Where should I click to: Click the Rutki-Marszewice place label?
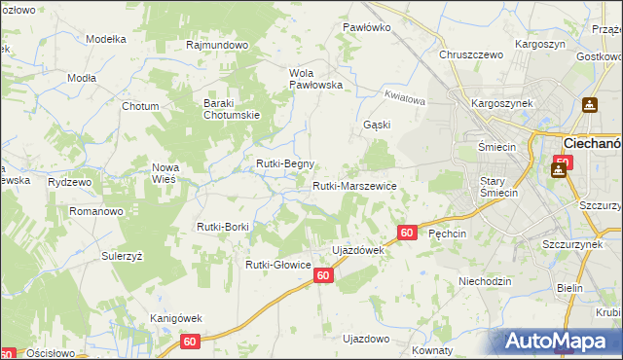click(x=354, y=186)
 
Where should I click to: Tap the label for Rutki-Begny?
click(x=284, y=163)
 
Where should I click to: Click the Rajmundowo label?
click(x=218, y=45)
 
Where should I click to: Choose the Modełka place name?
click(x=107, y=39)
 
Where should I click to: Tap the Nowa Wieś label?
click(x=165, y=173)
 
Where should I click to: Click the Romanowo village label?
click(x=93, y=210)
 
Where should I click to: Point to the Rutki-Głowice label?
click(x=277, y=265)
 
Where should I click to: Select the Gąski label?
click(x=377, y=125)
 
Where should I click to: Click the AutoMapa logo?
click(x=558, y=342)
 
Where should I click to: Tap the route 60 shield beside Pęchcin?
click(x=407, y=233)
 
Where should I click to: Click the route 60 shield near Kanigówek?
click(x=190, y=342)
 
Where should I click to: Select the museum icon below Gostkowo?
click(x=590, y=104)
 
